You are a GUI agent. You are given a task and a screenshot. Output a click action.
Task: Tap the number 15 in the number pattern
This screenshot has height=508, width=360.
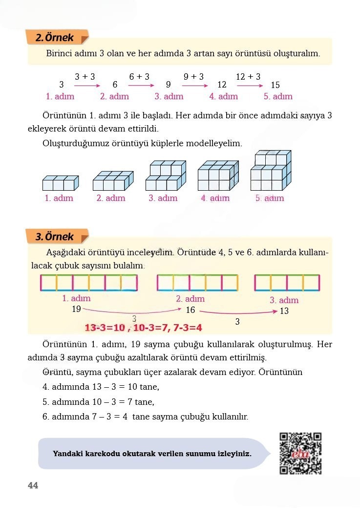[275, 85]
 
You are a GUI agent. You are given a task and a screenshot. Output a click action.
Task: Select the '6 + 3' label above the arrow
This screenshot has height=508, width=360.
[139, 77]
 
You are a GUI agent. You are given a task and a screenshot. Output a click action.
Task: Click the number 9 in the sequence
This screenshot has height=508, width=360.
[168, 85]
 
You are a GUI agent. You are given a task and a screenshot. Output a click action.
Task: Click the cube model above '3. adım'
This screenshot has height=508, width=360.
[166, 176]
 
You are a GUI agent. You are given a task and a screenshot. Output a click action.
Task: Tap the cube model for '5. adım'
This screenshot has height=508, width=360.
[271, 171]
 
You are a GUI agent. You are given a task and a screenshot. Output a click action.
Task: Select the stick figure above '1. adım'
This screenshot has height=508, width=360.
[88, 283]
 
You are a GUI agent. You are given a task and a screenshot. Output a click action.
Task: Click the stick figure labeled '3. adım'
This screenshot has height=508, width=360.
[287, 283]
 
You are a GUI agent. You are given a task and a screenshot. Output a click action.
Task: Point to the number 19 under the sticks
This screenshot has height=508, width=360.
[76, 309]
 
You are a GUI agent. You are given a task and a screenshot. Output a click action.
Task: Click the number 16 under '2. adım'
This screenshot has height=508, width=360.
[191, 310]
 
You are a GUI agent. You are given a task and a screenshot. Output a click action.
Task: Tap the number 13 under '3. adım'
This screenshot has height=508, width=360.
[284, 311]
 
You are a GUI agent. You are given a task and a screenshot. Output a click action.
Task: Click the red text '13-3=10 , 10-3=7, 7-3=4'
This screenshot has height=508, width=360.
[143, 327]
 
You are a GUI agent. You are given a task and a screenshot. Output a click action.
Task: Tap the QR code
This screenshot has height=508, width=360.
[300, 453]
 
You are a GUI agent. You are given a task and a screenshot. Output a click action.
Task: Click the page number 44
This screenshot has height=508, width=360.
[33, 486]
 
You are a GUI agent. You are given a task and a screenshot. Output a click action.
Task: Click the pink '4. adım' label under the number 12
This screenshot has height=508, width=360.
[223, 96]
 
